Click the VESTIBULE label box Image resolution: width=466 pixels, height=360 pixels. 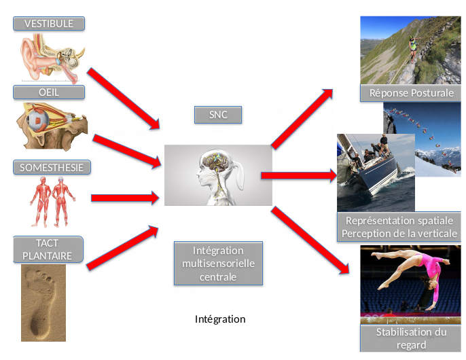48,24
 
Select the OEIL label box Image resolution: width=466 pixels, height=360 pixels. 48,92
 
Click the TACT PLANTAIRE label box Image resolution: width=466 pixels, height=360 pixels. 48,249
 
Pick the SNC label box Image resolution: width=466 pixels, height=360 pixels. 218,115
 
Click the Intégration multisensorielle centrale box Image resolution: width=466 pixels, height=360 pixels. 218,263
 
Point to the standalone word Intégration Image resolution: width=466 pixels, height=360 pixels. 220,319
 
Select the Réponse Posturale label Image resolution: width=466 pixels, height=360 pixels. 411,93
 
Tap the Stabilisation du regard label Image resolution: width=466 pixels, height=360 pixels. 411,338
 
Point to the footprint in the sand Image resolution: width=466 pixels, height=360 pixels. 43,302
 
